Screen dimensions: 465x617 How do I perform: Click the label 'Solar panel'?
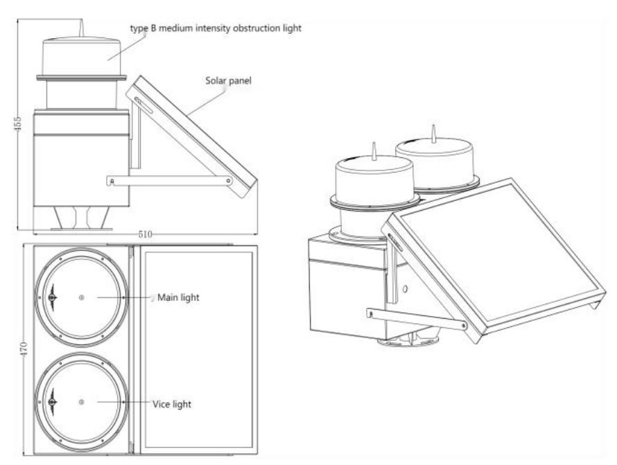pyautogui.click(x=227, y=80)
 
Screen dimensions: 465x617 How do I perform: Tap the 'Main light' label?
pyautogui.click(x=180, y=297)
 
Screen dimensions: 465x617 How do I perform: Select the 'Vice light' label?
pyautogui.click(x=171, y=403)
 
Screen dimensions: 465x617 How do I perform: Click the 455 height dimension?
pyautogui.click(x=19, y=123)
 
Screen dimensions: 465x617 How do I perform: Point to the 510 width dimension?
pyautogui.click(x=145, y=234)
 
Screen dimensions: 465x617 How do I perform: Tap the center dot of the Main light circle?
pyautogui.click(x=82, y=297)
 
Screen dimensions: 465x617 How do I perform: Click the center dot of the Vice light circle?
pyautogui.click(x=82, y=403)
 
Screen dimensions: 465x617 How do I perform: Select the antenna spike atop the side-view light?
pyautogui.click(x=81, y=29)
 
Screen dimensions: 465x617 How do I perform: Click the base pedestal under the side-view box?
pyautogui.click(x=82, y=219)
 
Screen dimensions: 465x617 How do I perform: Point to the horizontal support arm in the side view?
pyautogui.click(x=170, y=180)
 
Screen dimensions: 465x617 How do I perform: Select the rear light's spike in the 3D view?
pyautogui.click(x=433, y=132)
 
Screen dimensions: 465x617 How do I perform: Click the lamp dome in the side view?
pyautogui.click(x=82, y=55)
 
